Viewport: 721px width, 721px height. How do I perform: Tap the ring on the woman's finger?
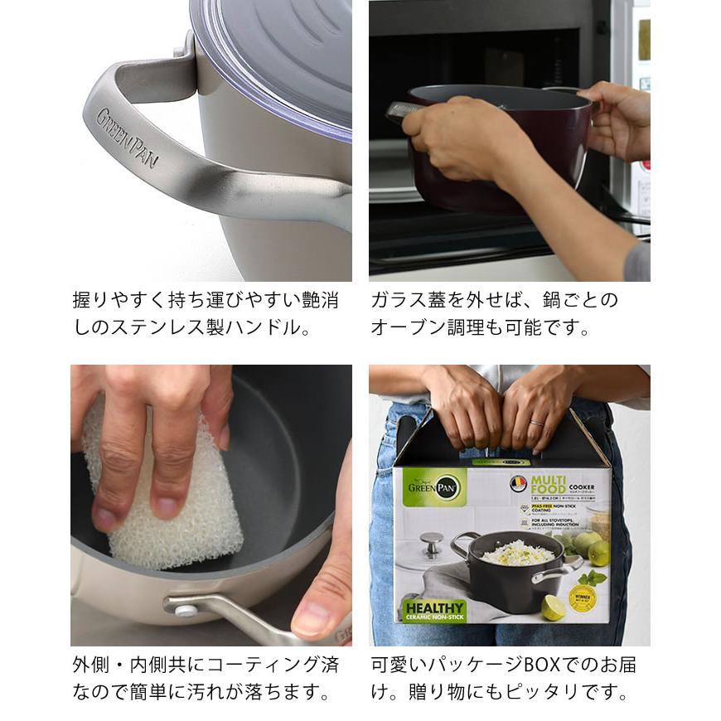(x=536, y=423)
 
